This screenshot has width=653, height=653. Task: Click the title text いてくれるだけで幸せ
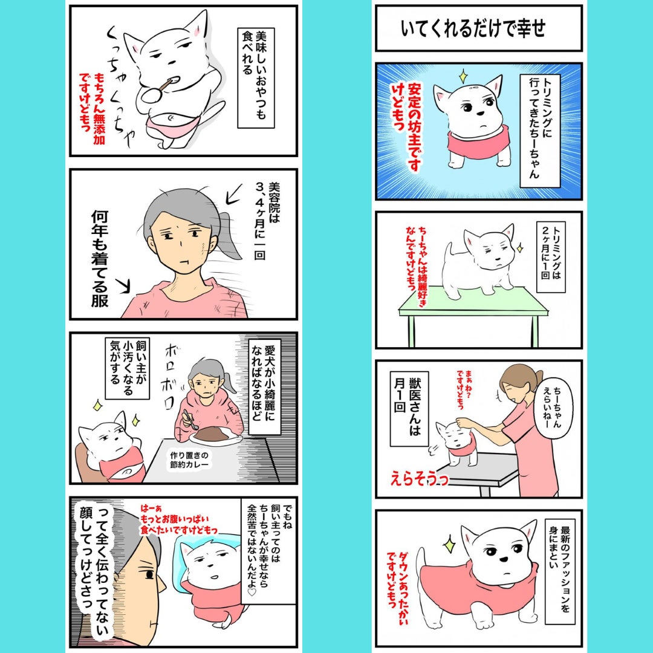click(473, 29)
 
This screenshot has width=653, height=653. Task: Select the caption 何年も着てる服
click(100, 259)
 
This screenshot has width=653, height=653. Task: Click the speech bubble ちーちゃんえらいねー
click(557, 407)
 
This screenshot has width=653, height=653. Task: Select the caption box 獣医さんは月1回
click(409, 408)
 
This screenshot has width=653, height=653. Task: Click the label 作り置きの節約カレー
click(189, 460)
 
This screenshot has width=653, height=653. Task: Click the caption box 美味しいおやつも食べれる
click(255, 78)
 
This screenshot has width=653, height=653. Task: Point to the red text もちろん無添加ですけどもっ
click(92, 108)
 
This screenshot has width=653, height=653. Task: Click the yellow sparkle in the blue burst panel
click(462, 77)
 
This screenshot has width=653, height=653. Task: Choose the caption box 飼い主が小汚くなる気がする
click(127, 369)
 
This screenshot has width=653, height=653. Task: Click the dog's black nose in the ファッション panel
click(504, 559)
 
